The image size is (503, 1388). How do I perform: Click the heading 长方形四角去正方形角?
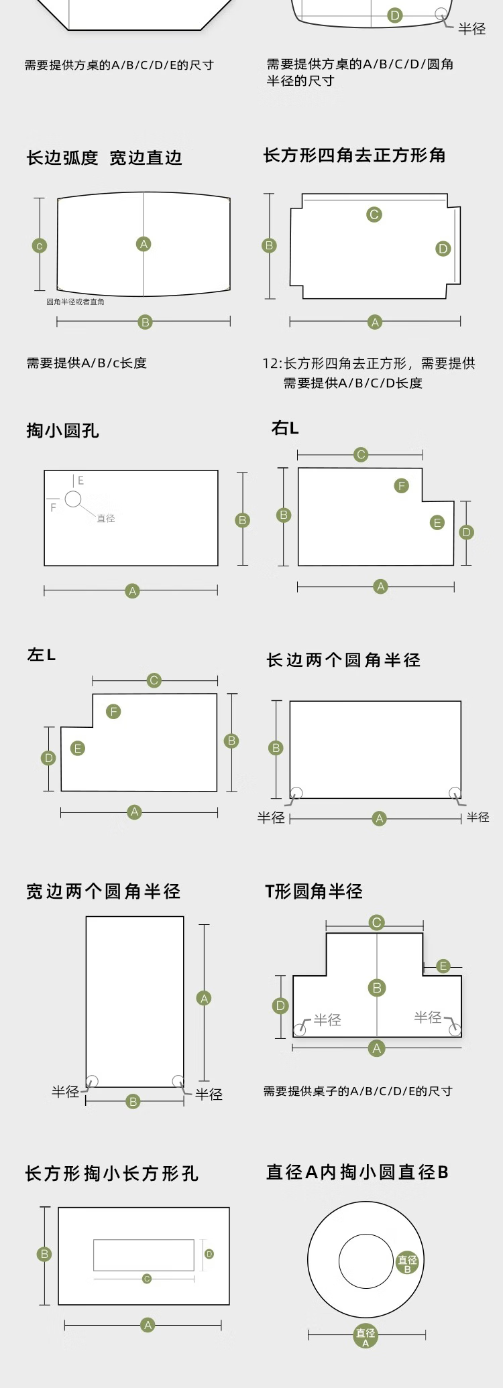point(354,155)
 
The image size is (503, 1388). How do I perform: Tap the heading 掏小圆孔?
point(62,430)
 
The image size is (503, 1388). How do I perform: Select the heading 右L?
point(284,428)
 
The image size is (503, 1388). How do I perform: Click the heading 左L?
point(41,655)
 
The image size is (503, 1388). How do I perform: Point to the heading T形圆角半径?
point(313,891)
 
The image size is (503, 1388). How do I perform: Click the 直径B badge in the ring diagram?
point(407,1263)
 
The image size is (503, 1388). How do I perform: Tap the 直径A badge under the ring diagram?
point(366,1337)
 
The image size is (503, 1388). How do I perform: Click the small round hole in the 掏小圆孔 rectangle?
point(73,499)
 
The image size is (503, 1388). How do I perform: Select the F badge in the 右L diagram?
point(402,486)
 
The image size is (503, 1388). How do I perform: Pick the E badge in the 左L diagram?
point(78,748)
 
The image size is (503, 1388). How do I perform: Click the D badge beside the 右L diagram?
point(467,532)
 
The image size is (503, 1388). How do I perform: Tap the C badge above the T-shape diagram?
point(377,923)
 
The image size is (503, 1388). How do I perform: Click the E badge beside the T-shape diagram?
point(443,966)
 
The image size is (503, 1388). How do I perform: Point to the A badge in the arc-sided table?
point(144,244)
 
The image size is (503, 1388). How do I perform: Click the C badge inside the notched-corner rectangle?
point(374,214)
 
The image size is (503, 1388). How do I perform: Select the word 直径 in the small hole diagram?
point(106,518)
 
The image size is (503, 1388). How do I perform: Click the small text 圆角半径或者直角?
point(75,302)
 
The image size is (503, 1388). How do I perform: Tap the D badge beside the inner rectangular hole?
point(209,1253)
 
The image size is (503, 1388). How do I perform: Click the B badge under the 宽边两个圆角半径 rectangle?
point(133,1101)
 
